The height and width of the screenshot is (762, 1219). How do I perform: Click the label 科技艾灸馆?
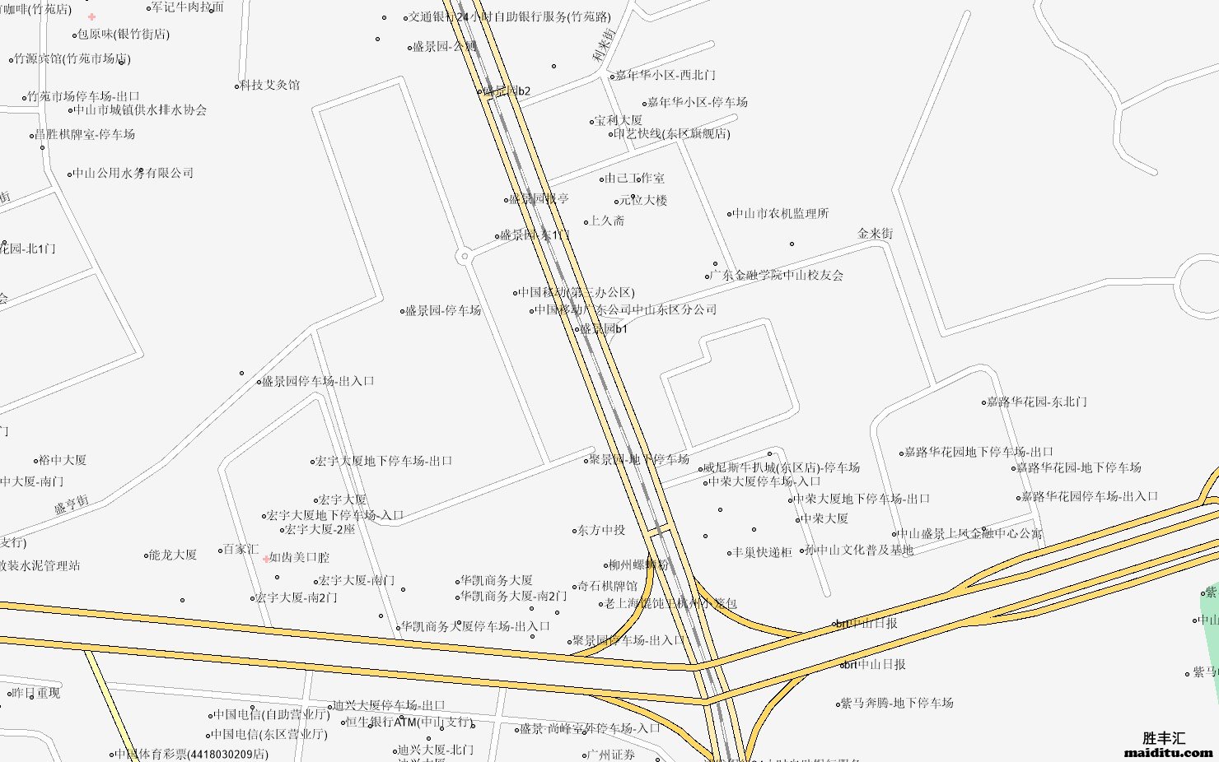270,85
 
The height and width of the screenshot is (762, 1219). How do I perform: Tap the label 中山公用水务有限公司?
133,173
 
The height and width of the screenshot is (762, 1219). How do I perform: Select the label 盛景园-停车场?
443,310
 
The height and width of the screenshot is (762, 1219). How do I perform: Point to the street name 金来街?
875,234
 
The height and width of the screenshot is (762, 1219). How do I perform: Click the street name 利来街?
604,45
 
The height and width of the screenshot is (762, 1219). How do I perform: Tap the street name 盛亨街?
72,504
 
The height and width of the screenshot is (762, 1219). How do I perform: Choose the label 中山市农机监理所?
781,213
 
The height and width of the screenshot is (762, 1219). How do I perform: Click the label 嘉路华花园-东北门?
1037,402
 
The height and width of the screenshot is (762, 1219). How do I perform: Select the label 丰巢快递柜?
762,552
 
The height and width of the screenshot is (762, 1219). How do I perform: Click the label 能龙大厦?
173,555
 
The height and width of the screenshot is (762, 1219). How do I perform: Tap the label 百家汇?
241,549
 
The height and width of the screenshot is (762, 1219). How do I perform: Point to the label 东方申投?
601,530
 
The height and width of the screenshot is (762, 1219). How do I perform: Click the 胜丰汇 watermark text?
1164,737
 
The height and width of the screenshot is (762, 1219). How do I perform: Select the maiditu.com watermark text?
1168,752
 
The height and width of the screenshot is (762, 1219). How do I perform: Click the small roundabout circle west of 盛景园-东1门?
465,257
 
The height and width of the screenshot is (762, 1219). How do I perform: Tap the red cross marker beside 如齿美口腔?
266,558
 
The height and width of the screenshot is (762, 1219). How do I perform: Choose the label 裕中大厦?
63,460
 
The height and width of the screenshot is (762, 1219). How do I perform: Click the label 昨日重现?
36,693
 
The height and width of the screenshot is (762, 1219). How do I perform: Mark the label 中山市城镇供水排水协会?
140,109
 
